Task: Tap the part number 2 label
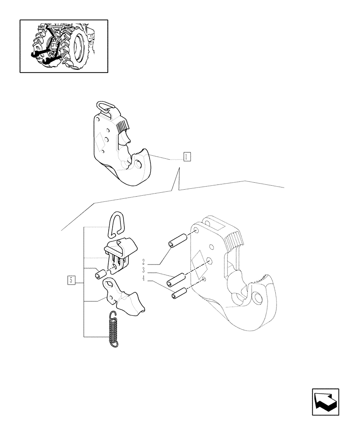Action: coord(143,262)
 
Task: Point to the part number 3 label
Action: coord(143,271)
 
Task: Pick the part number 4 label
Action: coord(143,279)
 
